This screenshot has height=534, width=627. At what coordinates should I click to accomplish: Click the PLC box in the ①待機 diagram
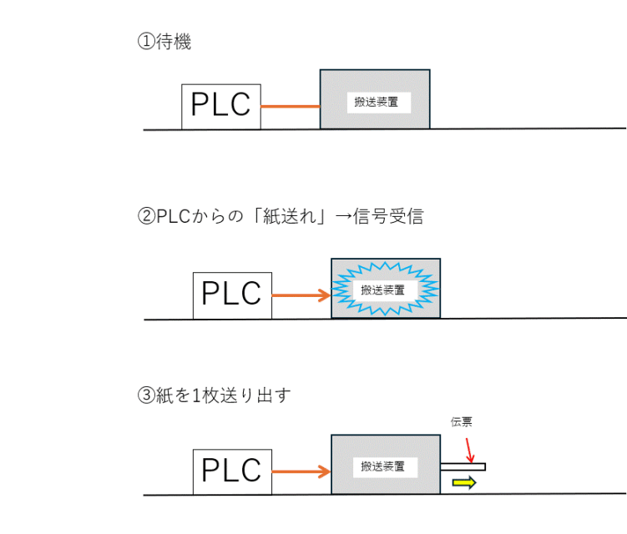pyautogui.click(x=221, y=106)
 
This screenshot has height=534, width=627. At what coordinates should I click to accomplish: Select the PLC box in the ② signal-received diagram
pyautogui.click(x=232, y=295)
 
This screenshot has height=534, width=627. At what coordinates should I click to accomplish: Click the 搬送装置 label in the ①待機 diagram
pyautogui.click(x=375, y=103)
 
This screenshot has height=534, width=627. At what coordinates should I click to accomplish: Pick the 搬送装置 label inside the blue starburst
pyautogui.click(x=383, y=290)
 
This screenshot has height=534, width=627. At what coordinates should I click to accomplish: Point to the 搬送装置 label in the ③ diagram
pyautogui.click(x=385, y=466)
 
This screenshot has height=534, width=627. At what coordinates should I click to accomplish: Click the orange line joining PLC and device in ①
pyautogui.click(x=291, y=107)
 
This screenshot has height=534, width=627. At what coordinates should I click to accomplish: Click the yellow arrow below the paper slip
pyautogui.click(x=463, y=482)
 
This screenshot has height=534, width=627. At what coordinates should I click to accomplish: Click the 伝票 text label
pyautogui.click(x=462, y=422)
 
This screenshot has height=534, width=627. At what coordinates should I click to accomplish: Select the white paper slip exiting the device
pyautogui.click(x=463, y=466)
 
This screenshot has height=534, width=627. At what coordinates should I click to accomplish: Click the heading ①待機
pyautogui.click(x=164, y=42)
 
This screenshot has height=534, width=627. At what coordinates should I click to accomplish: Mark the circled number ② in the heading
pyautogui.click(x=144, y=218)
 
